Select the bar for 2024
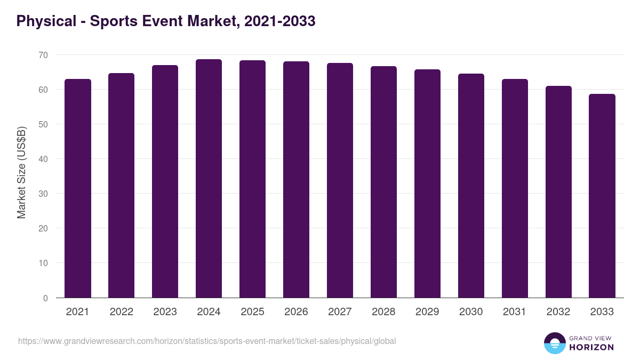[209, 179]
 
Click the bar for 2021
[78, 188]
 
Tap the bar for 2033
[602, 196]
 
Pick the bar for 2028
[383, 182]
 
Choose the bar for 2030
[471, 186]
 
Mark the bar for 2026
[296, 180]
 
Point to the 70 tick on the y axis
[43, 55]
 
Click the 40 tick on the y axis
[43, 159]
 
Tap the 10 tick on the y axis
[43, 263]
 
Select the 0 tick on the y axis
[45, 298]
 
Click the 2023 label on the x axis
[165, 312]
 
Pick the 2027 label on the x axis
[340, 312]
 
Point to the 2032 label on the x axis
[558, 312]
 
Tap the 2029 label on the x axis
[427, 312]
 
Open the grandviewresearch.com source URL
[207, 341]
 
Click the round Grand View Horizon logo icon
[555, 343]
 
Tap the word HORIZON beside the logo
[591, 347]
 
